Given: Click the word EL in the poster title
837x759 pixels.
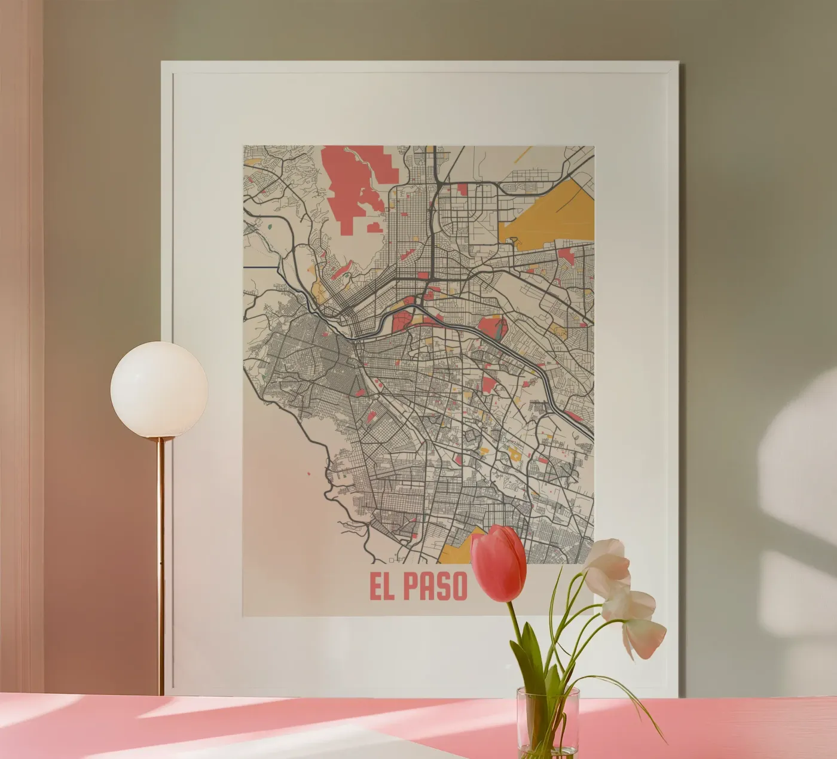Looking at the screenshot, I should pos(383,588).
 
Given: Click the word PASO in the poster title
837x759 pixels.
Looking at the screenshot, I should pos(435,588).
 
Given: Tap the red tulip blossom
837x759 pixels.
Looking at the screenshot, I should pos(499,563).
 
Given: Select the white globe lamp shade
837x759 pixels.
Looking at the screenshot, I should pos(159,389).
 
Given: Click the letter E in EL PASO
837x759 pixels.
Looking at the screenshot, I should pos(377,588).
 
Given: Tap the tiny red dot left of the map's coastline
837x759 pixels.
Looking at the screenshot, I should pos(308,474).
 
